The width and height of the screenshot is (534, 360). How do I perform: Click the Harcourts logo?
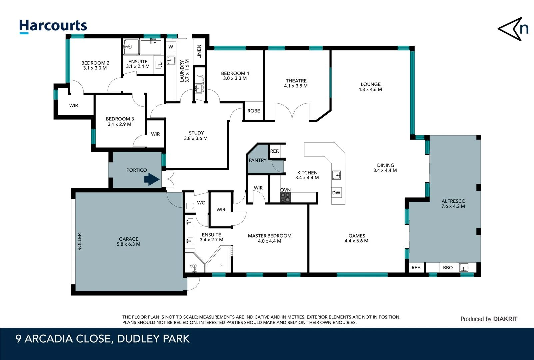click(x=53, y=26)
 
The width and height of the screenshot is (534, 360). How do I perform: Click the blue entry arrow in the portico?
click(x=152, y=179)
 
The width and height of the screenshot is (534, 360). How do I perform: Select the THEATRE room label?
click(x=296, y=81)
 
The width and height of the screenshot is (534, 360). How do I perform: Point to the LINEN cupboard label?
click(x=199, y=52)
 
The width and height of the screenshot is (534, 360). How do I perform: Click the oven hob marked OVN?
click(x=285, y=197)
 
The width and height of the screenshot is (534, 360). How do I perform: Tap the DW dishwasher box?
click(x=336, y=193)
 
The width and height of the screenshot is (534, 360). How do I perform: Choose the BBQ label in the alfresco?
click(x=448, y=268)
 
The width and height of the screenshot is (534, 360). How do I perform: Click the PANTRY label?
click(x=257, y=160)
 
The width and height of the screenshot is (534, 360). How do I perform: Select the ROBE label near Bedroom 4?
click(x=254, y=111)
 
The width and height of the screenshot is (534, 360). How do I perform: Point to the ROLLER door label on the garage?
click(x=79, y=241)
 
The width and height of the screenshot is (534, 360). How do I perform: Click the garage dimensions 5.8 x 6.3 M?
click(x=128, y=244)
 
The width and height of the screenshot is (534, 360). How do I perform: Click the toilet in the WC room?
click(x=189, y=206)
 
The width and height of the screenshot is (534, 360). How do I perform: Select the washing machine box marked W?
click(x=171, y=47)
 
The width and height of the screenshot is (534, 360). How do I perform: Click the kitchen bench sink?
click(x=336, y=175)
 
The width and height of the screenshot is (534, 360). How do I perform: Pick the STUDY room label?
click(x=196, y=133)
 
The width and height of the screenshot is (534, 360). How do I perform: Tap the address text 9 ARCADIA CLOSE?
click(x=63, y=339)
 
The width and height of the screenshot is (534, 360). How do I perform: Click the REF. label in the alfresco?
click(x=416, y=268)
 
